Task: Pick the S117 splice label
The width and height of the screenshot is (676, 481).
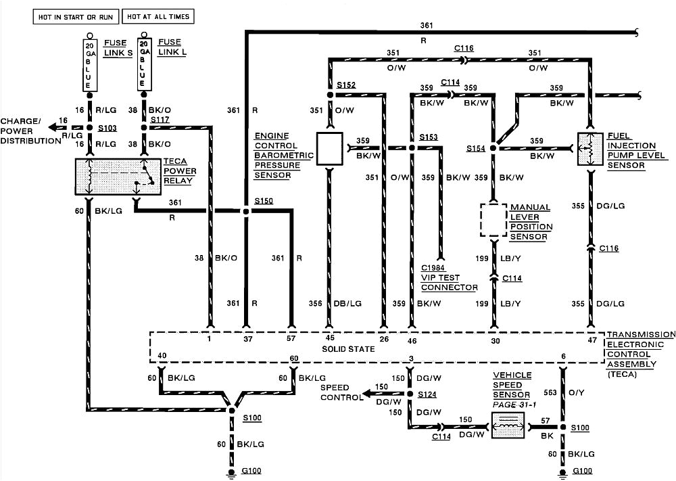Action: (160, 120)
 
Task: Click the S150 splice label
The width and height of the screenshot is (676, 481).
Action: (264, 201)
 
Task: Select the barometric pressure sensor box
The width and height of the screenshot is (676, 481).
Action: (330, 149)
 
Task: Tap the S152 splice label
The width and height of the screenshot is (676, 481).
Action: (346, 85)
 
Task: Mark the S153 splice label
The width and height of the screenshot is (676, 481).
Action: (428, 137)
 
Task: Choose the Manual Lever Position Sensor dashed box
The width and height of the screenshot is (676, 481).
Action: (494, 219)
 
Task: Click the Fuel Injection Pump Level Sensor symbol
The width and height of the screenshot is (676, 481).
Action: (590, 149)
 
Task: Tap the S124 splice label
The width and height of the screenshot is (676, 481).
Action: (427, 394)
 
